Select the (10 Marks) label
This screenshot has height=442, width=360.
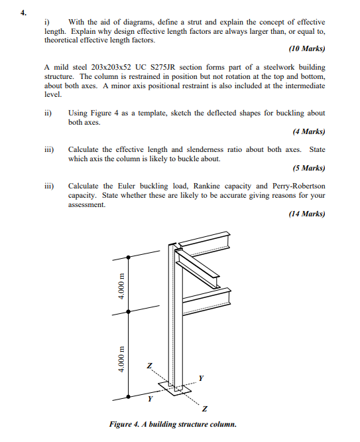point(307,49)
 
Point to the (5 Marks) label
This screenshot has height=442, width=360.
point(308,168)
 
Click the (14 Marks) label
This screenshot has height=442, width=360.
point(307,214)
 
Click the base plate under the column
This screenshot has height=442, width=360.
point(176,390)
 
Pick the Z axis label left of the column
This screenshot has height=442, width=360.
point(149,365)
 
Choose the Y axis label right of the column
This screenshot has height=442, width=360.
point(202,378)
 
